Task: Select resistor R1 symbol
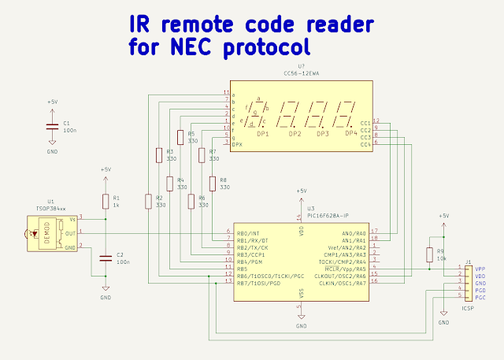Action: pyautogui.click(x=106, y=202)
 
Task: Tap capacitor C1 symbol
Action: pyautogui.click(x=52, y=127)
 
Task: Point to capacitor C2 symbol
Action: pyautogui.click(x=106, y=257)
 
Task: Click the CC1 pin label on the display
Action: pyautogui.click(x=365, y=123)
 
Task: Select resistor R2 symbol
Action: pyautogui.click(x=148, y=202)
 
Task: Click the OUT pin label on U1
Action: pyautogui.click(x=71, y=233)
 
